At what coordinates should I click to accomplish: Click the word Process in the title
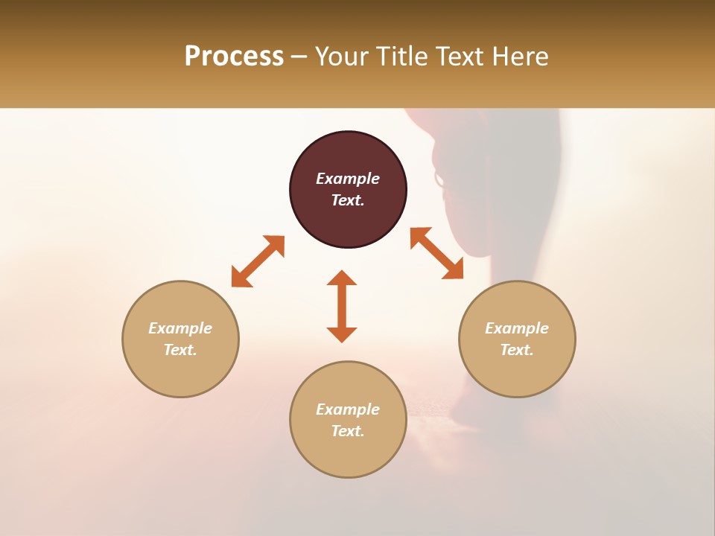tap(234, 57)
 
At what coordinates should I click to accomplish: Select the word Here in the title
tap(518, 57)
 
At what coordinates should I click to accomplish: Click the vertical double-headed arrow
tap(342, 306)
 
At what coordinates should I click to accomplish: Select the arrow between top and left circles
tap(258, 261)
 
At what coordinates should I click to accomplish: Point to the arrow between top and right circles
tap(437, 253)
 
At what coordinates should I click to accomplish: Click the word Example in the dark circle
tap(348, 179)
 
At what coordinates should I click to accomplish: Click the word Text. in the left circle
tap(180, 350)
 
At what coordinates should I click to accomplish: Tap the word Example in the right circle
tap(517, 328)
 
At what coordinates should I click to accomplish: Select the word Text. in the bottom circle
tap(348, 431)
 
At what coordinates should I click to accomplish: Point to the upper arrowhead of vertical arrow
tap(342, 278)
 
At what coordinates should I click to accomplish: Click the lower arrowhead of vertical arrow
tap(342, 334)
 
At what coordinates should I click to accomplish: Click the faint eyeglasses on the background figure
tap(439, 179)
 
